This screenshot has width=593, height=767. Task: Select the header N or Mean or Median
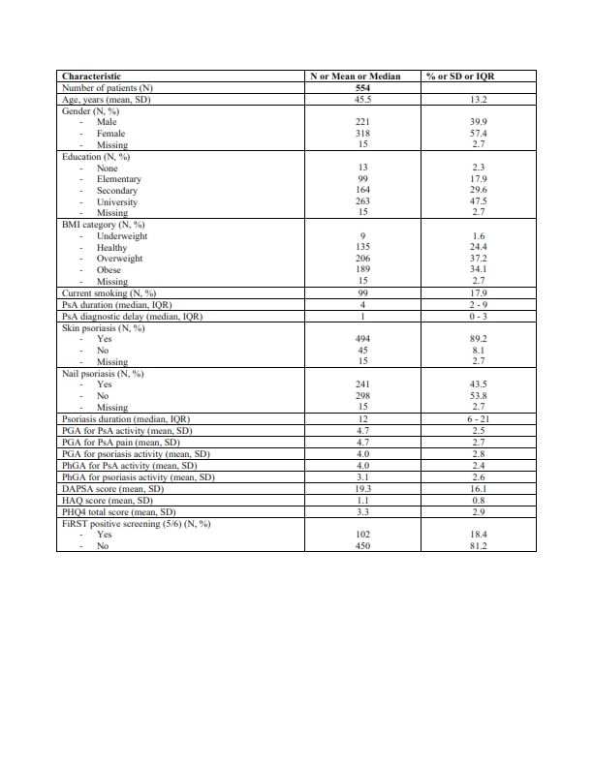(x=360, y=75)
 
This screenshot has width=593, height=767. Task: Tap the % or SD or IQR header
(x=468, y=75)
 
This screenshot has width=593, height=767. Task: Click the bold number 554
(x=360, y=87)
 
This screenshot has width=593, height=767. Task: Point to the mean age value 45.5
(x=360, y=99)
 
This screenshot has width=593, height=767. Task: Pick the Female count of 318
(x=360, y=134)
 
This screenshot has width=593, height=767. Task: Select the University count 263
(x=360, y=202)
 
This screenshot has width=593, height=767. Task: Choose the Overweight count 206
(x=360, y=259)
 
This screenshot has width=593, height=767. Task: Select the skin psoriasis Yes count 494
(x=360, y=339)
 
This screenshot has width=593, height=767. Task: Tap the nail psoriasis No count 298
(x=360, y=396)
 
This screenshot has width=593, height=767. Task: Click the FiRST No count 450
(x=360, y=546)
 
